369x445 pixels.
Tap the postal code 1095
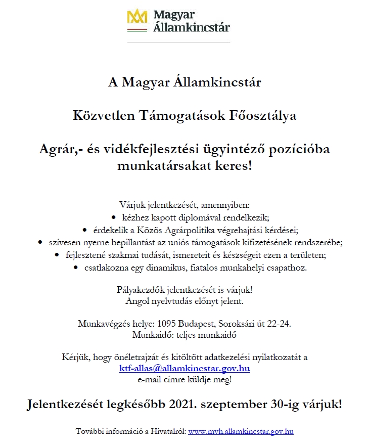(167, 324)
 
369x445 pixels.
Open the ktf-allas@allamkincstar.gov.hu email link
(184, 368)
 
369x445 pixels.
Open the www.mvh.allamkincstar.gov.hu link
(241, 431)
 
